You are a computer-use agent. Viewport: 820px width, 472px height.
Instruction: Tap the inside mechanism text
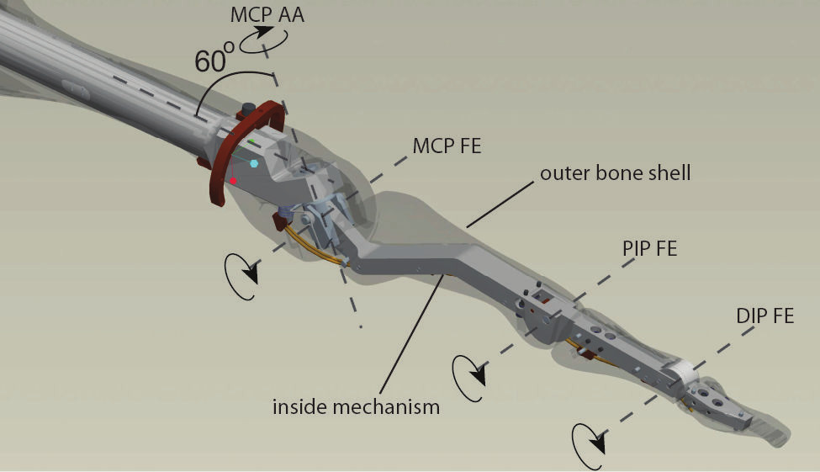click(x=356, y=407)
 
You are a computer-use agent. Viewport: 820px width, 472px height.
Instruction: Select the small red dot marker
click(x=233, y=181)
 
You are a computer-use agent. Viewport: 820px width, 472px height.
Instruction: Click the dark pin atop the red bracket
click(x=248, y=110)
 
